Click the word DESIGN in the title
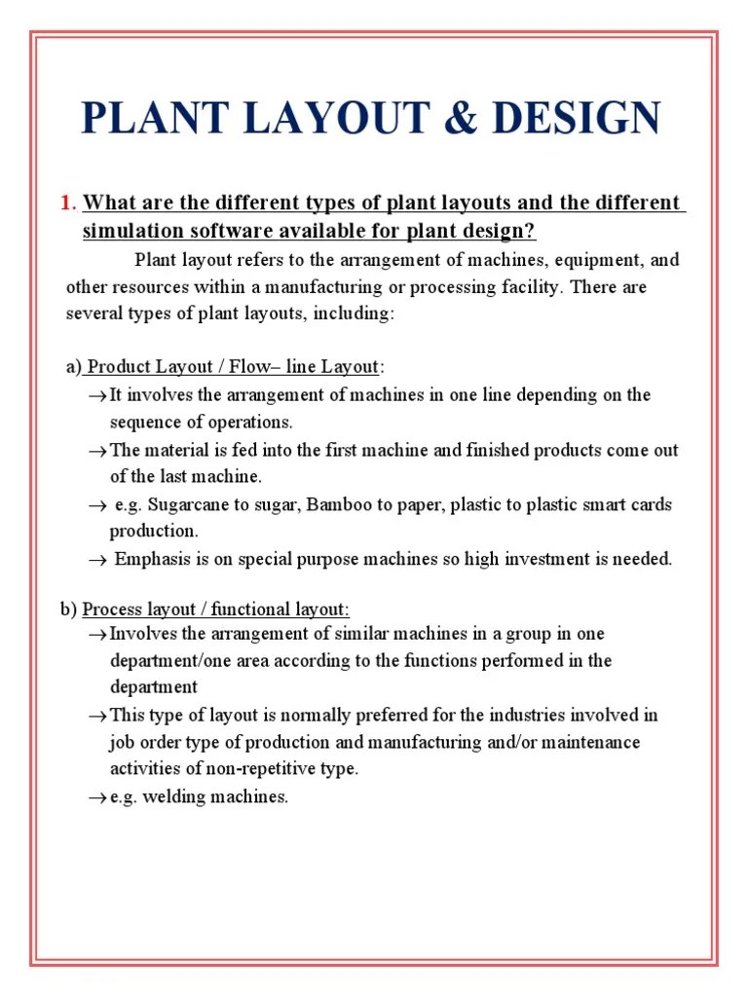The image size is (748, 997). (x=577, y=119)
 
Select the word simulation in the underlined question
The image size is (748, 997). (x=130, y=232)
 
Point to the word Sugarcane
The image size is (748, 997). (x=189, y=505)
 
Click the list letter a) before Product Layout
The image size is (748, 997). (x=73, y=367)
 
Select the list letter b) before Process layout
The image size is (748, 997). (x=68, y=610)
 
